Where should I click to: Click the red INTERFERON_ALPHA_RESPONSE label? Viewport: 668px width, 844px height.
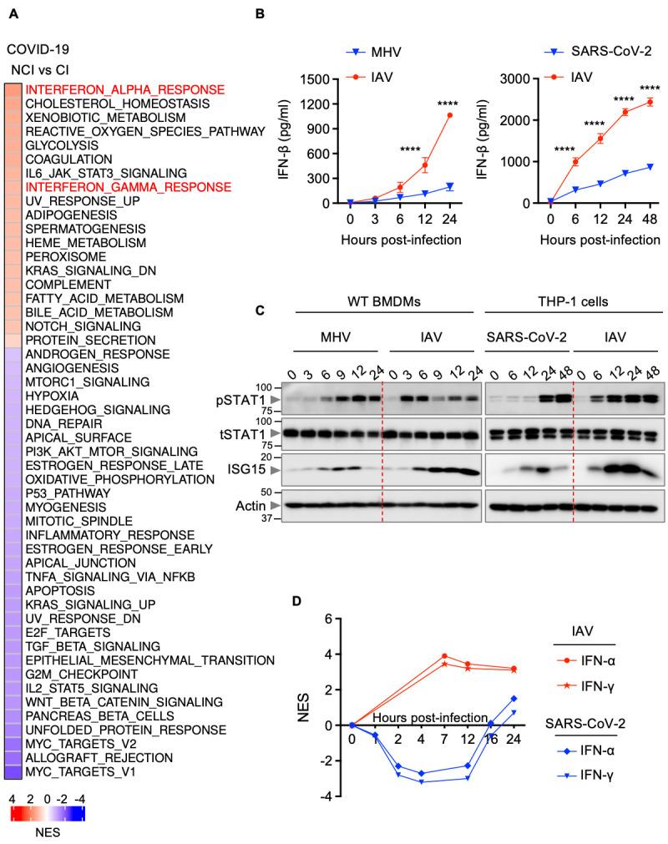pos(124,89)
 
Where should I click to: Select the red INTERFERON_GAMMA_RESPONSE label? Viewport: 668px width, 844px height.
pos(128,188)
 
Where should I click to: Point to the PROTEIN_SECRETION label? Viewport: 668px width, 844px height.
pos(90,341)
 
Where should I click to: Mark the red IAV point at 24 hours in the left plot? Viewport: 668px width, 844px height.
pos(452,115)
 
